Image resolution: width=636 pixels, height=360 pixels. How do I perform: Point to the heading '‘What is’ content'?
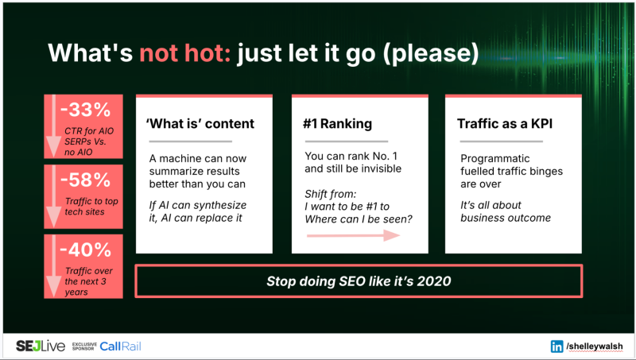[x=200, y=123]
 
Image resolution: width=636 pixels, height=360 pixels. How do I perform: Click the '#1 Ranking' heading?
[x=339, y=123]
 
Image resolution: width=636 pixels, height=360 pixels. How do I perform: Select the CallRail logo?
[x=121, y=346]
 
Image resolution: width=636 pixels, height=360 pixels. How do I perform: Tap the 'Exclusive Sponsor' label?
[x=83, y=346]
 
